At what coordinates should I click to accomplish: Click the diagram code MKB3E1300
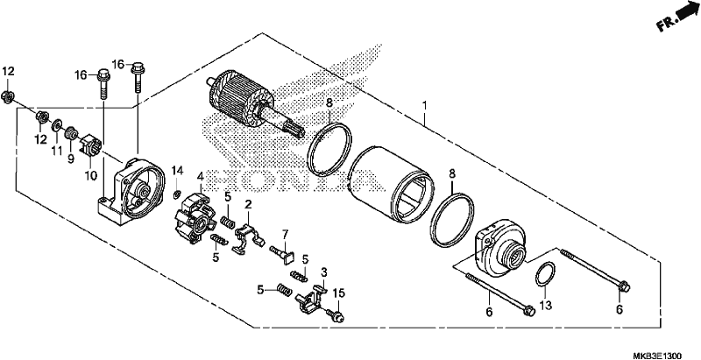click(657, 356)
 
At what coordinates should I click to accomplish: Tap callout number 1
click(425, 106)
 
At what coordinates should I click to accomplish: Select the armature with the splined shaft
click(256, 106)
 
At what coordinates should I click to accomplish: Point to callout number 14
click(178, 170)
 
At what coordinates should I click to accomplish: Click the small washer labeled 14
click(177, 194)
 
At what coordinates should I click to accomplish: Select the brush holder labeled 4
click(194, 217)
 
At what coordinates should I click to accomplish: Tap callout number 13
click(545, 306)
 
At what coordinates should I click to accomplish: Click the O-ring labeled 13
click(545, 274)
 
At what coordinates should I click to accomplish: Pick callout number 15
click(339, 293)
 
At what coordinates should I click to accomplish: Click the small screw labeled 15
click(336, 314)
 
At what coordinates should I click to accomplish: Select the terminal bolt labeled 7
click(282, 254)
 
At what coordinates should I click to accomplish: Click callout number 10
click(91, 175)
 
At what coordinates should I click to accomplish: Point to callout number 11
click(56, 151)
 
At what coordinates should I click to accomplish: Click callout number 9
click(71, 159)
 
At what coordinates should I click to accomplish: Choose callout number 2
click(248, 205)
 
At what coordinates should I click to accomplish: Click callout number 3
click(324, 272)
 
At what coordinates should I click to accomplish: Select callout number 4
click(201, 176)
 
